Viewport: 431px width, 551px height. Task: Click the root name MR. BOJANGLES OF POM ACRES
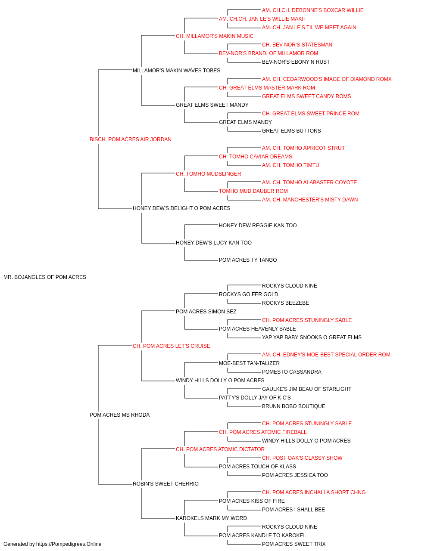[x=45, y=277]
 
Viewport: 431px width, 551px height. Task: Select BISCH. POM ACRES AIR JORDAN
[x=131, y=139]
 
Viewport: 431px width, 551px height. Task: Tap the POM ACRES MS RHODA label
[x=119, y=415]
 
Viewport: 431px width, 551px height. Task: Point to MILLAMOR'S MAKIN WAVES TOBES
[x=176, y=71]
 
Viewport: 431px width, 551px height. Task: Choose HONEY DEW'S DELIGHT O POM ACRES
[x=181, y=208]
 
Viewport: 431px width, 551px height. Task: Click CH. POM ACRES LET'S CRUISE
[x=172, y=346]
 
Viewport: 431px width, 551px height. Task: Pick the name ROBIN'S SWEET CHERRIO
[x=166, y=484]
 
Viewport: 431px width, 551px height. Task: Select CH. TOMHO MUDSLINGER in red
[x=209, y=174]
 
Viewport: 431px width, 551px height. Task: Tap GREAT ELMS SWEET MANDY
[x=212, y=105]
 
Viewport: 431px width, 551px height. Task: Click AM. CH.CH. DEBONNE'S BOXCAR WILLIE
[x=313, y=10]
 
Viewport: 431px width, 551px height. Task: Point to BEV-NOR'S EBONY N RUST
[x=296, y=62]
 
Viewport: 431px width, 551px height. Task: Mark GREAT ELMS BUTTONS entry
[x=291, y=131]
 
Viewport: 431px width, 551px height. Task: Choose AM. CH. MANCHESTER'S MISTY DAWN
[x=310, y=200]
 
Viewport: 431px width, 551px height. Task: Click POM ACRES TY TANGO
[x=248, y=260]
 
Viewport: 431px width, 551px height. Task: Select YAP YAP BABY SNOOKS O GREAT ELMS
[x=312, y=337]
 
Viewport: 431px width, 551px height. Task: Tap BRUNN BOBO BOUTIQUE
[x=294, y=406]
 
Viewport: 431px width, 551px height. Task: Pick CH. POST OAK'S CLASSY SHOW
[x=302, y=458]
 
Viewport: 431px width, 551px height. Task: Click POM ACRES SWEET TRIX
[x=294, y=544]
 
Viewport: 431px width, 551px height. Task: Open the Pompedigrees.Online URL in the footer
[x=69, y=544]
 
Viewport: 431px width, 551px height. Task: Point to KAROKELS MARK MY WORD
[x=211, y=518]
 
